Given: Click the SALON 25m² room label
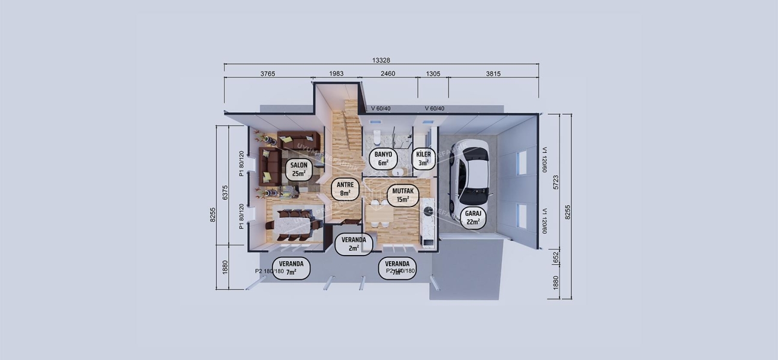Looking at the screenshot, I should pos(298,170).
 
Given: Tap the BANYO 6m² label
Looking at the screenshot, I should pos(383,158).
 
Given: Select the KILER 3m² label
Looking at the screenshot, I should pos(423,158).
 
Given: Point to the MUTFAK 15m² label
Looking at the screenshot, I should pos(401,195).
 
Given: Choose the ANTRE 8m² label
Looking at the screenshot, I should pos(345,189).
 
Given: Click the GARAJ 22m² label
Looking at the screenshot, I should pos(472,217).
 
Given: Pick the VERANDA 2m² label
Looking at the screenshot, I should pos(354,244).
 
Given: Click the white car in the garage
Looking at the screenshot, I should pos(472,172).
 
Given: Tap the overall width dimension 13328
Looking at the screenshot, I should pos(381,59).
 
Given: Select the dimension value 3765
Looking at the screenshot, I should pos(268,74).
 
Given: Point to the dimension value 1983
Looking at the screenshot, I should pos(336,74).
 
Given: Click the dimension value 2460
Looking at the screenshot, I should pos(388,74).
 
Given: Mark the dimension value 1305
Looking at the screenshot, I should pos(433,74).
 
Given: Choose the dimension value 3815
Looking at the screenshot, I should pos(493,74).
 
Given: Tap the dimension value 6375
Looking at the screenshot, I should pos(225,193).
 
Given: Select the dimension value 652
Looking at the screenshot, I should pos(555,257).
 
